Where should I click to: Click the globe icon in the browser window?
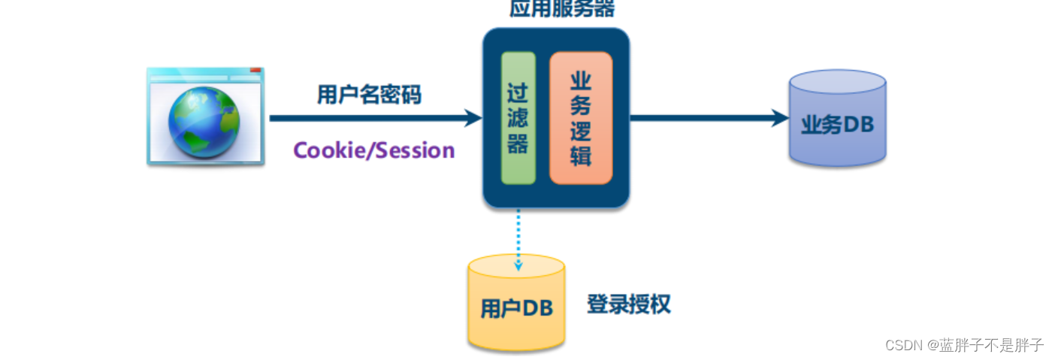(x=204, y=122)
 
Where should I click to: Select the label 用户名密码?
(x=369, y=95)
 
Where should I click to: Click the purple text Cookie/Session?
(x=373, y=150)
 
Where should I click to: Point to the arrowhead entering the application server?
(x=473, y=118)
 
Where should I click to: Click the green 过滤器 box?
(x=518, y=118)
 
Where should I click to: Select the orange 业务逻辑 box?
(x=580, y=118)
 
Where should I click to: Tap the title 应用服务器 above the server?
(x=562, y=9)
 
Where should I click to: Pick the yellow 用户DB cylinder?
(x=516, y=304)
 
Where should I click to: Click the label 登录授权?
(x=628, y=304)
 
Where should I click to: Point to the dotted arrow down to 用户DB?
(x=518, y=241)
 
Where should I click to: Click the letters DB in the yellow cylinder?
(x=538, y=308)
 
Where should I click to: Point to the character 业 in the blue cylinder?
(x=810, y=125)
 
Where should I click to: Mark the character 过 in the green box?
(x=518, y=93)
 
